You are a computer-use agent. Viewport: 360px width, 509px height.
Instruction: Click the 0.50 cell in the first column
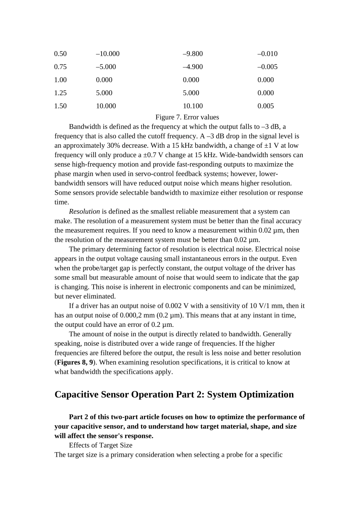tap(60, 54)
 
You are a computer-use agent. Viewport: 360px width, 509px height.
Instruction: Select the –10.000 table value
tap(108, 54)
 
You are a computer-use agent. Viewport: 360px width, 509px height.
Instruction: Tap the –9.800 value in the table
tap(193, 54)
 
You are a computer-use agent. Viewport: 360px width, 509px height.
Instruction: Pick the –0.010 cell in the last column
tap(267, 54)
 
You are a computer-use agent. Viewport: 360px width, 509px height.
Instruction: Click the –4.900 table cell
tap(193, 67)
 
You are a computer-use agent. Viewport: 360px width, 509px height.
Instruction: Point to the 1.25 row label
tap(60, 93)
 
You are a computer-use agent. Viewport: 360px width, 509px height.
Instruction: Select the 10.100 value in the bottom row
tap(193, 106)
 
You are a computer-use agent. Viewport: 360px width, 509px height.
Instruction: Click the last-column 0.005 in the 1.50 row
tap(265, 106)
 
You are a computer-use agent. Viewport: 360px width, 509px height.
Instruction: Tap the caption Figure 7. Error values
tap(187, 117)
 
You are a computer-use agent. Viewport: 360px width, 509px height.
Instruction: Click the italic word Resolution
tap(84, 211)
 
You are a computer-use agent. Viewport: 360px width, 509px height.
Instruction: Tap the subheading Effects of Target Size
tap(100, 445)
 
